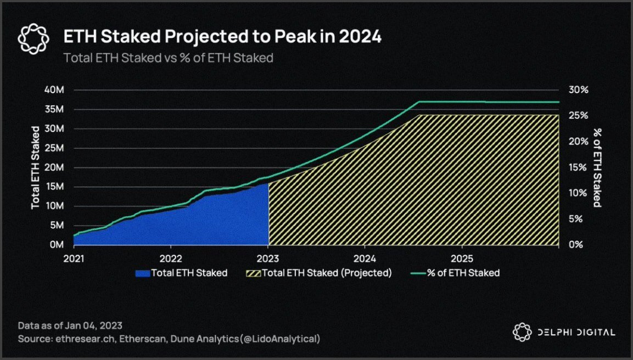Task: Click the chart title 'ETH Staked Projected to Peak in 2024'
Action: (x=222, y=37)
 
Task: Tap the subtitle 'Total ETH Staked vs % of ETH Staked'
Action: (x=168, y=58)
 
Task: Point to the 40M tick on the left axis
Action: (x=54, y=90)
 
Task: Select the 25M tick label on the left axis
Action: (x=54, y=148)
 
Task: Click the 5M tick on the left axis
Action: (x=57, y=226)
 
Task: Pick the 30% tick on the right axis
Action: (x=578, y=90)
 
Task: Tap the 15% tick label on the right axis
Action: (x=578, y=167)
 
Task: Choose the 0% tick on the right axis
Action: (x=576, y=245)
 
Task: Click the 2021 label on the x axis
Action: (x=74, y=258)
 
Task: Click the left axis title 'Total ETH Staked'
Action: (x=35, y=167)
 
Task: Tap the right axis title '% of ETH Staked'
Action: (x=597, y=167)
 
